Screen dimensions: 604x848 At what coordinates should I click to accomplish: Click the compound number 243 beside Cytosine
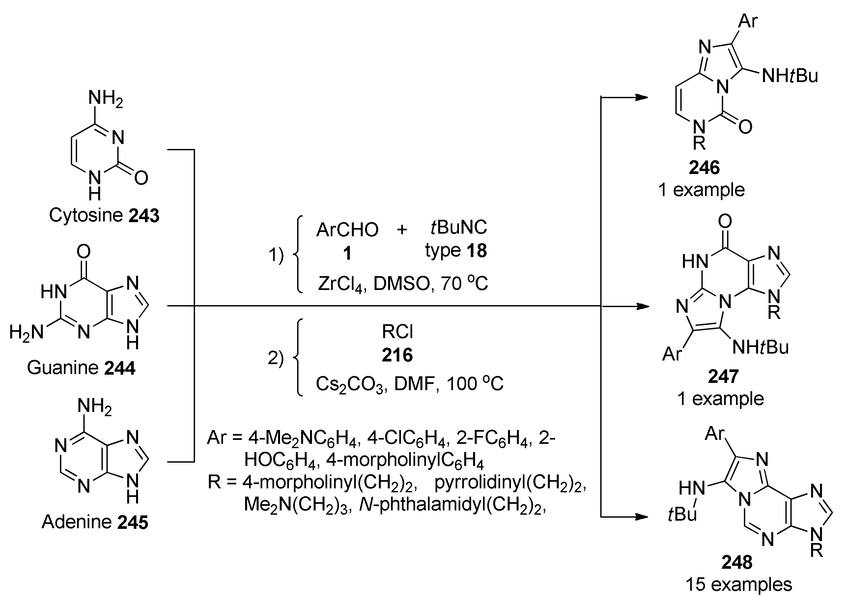click(x=144, y=216)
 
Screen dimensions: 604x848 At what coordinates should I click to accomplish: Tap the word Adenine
click(x=77, y=522)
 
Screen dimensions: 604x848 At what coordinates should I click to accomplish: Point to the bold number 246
click(x=704, y=167)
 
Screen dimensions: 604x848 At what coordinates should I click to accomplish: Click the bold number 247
click(x=723, y=376)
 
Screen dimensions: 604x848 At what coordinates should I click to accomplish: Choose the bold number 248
click(x=737, y=562)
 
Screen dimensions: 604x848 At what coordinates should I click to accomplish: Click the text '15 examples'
click(x=738, y=584)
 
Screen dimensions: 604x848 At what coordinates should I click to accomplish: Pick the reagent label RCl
click(x=397, y=332)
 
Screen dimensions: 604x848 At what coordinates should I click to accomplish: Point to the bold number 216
click(x=397, y=355)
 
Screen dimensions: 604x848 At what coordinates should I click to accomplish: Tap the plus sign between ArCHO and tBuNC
click(x=402, y=229)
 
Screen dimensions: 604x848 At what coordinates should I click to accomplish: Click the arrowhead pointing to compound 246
click(x=642, y=98)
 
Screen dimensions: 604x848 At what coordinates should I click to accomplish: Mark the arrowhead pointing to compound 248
click(x=642, y=517)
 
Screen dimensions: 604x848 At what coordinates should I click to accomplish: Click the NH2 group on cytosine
click(x=105, y=99)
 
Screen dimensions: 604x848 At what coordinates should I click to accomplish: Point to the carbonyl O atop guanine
click(x=83, y=252)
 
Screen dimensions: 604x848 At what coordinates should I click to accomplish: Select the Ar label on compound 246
click(x=747, y=21)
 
